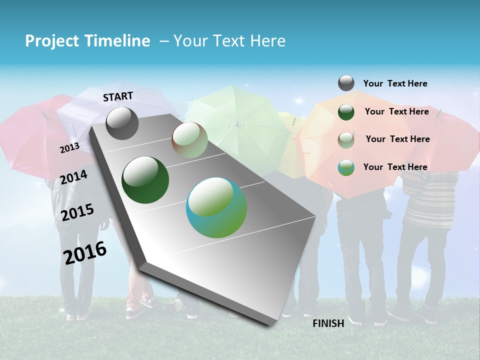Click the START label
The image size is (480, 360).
118,96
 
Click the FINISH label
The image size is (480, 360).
328,323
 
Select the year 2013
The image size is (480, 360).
69,148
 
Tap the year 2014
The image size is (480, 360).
73,177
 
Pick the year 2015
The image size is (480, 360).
77,212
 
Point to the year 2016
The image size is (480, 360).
85,252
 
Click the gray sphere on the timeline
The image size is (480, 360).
122,123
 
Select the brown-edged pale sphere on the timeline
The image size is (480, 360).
189,140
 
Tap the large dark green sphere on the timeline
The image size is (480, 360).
145,180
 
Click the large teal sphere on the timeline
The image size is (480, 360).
216,207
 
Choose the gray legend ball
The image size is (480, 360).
346,83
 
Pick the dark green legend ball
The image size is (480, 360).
346,112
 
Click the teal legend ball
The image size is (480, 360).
346,167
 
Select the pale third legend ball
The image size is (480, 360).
346,139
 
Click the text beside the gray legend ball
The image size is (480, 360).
395,83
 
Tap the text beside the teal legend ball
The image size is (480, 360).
395,167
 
